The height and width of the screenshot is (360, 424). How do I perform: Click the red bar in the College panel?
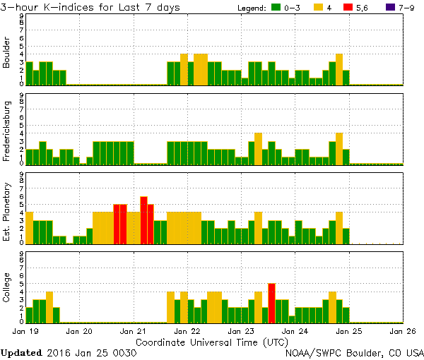point(272,302)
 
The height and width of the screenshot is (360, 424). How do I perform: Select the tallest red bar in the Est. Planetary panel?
point(143,220)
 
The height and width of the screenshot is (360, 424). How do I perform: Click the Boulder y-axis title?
point(8,52)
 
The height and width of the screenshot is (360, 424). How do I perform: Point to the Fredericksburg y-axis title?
point(8,131)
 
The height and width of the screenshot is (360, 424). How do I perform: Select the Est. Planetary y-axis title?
point(8,209)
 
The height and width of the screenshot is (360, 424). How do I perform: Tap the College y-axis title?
point(8,288)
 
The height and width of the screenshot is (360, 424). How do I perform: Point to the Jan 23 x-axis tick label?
point(242,330)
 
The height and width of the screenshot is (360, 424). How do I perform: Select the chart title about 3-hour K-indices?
point(91,7)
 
